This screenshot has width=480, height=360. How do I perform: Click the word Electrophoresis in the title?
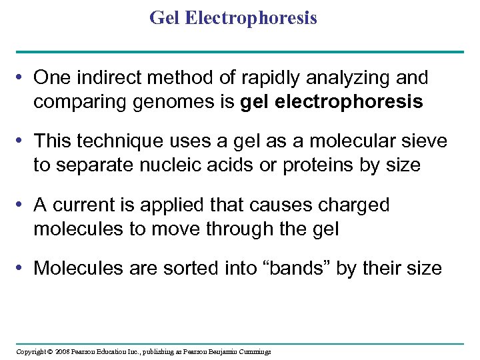pos(251,18)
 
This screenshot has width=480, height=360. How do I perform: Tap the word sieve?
pos(423,141)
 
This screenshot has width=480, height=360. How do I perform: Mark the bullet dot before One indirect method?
pos(23,79)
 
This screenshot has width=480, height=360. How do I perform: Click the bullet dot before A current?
pos(23,205)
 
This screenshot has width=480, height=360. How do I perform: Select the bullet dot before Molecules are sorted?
pos(23,269)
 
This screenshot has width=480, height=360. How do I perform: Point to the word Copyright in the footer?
pos(31,351)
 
